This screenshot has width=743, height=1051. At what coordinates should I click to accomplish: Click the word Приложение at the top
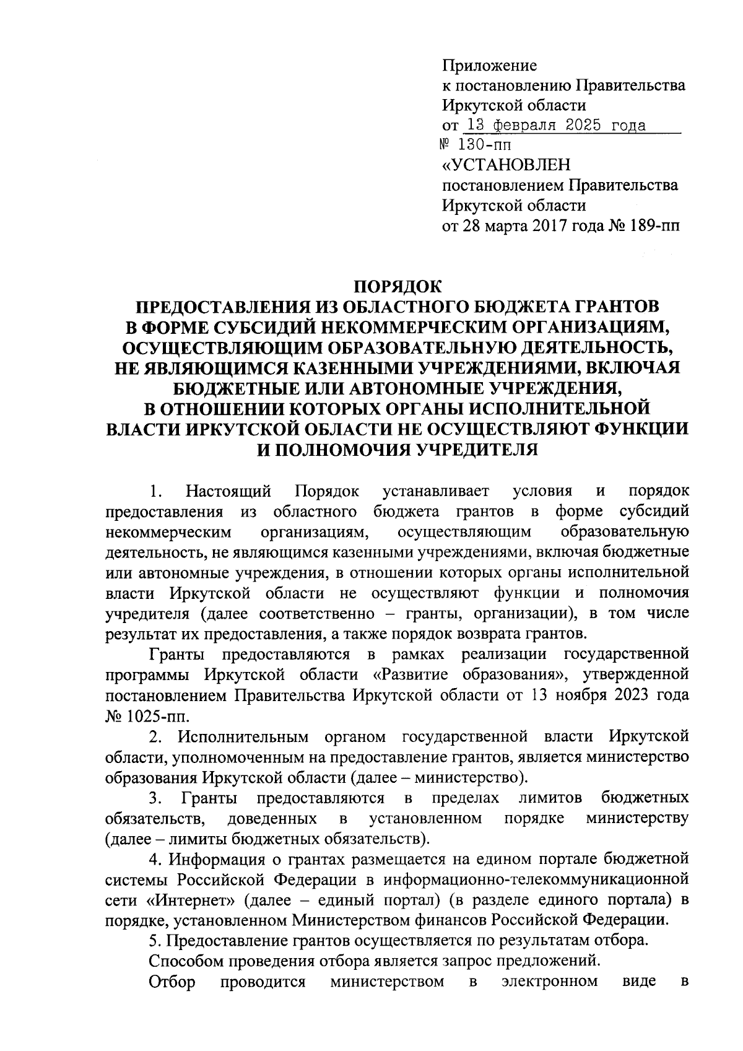click(x=489, y=66)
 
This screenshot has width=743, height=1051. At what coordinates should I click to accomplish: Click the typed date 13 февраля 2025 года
click(x=555, y=126)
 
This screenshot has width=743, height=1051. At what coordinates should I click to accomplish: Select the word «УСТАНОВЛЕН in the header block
click(x=506, y=165)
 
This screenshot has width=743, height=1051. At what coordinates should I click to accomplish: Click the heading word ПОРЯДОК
click(x=397, y=287)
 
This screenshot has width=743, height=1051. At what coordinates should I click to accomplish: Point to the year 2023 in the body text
click(x=635, y=695)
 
